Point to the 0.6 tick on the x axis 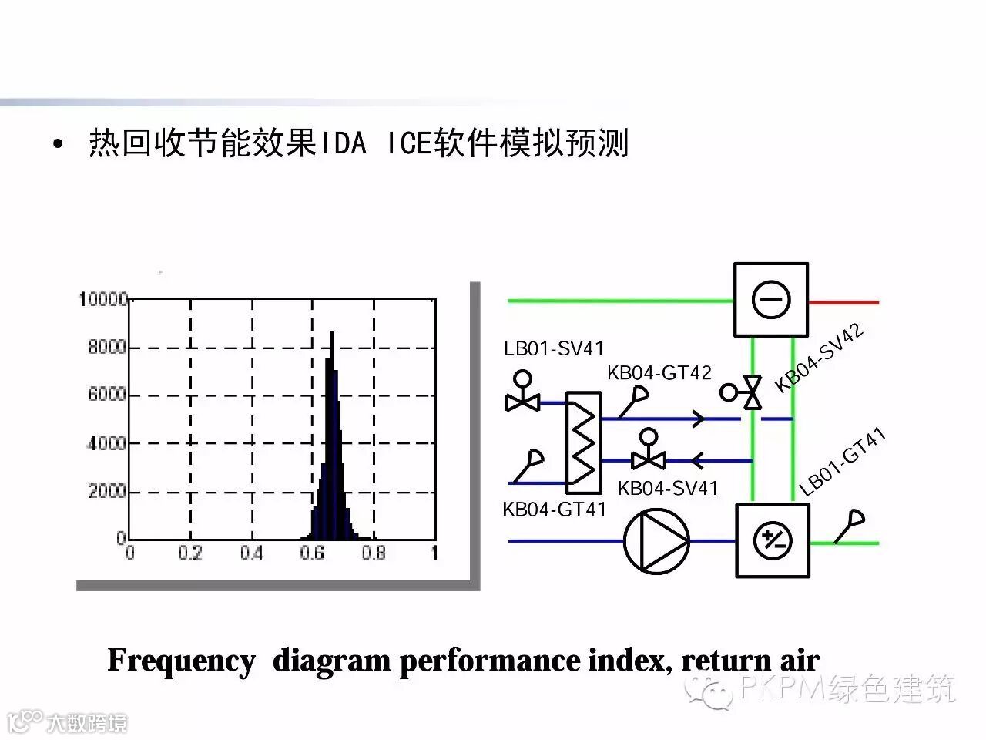[x=312, y=553]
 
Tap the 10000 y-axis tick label [x=102, y=299]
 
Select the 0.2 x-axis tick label [x=190, y=553]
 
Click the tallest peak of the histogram [x=331, y=333]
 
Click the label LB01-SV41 [x=554, y=348]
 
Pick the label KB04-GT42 [x=659, y=373]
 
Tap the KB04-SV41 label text [x=667, y=488]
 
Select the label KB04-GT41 [x=554, y=510]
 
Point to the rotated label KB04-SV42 [x=818, y=358]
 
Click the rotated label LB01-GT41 [x=842, y=462]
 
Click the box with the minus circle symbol [x=771, y=300]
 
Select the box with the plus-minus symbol [x=773, y=540]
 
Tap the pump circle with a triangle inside [x=656, y=540]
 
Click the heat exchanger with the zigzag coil [x=583, y=442]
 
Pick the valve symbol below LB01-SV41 [x=522, y=400]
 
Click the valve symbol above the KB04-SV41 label [x=648, y=459]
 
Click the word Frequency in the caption [x=181, y=661]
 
